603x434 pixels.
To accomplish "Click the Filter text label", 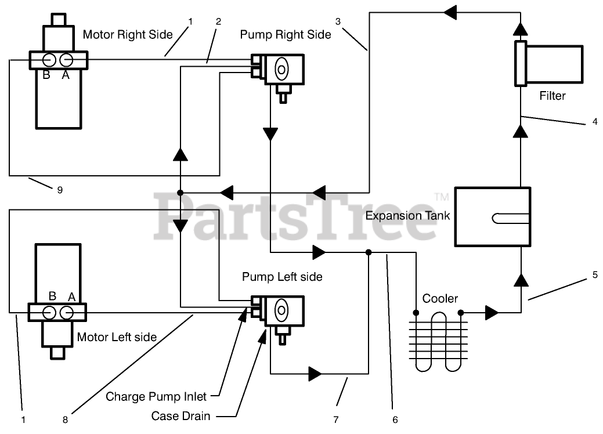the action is pyautogui.click(x=553, y=96).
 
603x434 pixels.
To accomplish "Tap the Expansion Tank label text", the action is pyautogui.click(x=407, y=216).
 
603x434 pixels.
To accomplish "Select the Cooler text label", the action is pyautogui.click(x=440, y=298).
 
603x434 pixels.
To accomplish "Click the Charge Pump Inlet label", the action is pyautogui.click(x=156, y=396).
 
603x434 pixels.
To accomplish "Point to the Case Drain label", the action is pyautogui.click(x=180, y=416).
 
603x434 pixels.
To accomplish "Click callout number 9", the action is pyautogui.click(x=60, y=190).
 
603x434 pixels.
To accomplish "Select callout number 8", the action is pyautogui.click(x=65, y=419).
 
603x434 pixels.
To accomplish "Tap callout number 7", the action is pyautogui.click(x=335, y=419).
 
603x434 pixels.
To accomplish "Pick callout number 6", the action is pyautogui.click(x=395, y=419).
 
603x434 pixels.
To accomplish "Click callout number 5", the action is pyautogui.click(x=595, y=275).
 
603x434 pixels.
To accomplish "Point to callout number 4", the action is pyautogui.click(x=595, y=121).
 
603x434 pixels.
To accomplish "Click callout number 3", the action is pyautogui.click(x=338, y=21).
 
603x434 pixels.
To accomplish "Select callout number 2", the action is pyautogui.click(x=218, y=21).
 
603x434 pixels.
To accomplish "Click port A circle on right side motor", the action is pyautogui.click(x=66, y=60).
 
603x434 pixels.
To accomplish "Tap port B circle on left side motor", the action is pyautogui.click(x=49, y=313).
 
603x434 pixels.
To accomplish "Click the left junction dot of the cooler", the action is pyautogui.click(x=416, y=313).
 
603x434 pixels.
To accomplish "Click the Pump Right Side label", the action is pyautogui.click(x=286, y=35).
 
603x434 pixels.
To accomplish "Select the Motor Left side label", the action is pyautogui.click(x=117, y=337).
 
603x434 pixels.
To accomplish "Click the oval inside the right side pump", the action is pyautogui.click(x=281, y=70).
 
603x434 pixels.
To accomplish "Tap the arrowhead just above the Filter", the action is pyautogui.click(x=521, y=29).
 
